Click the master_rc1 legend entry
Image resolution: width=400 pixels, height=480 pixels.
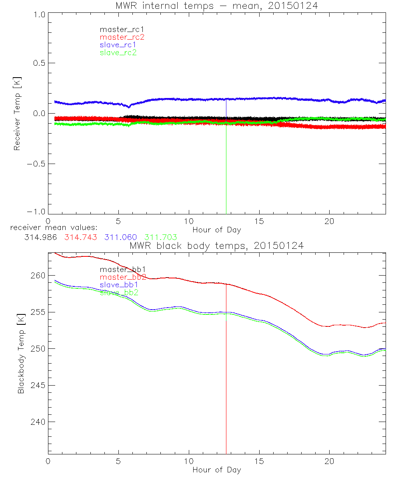tap(118, 29)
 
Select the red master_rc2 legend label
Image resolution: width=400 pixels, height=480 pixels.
tap(122, 37)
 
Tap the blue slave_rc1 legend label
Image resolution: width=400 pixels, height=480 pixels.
tap(118, 45)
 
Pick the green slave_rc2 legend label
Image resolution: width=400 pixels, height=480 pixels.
tap(118, 52)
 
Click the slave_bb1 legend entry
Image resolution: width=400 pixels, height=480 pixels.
tap(119, 285)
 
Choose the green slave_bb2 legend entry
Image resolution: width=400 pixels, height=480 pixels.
tap(119, 292)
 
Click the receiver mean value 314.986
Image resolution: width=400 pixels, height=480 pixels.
tap(41, 237)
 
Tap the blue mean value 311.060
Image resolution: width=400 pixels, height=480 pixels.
tap(121, 237)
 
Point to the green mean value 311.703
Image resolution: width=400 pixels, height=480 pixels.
tap(160, 237)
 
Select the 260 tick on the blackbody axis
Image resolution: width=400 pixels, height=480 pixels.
tap(37, 276)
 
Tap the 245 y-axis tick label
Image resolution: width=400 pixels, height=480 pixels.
tap(37, 386)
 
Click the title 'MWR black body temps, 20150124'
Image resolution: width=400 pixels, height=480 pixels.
tap(216, 246)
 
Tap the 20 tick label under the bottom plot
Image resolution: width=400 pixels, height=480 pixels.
tap(329, 461)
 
